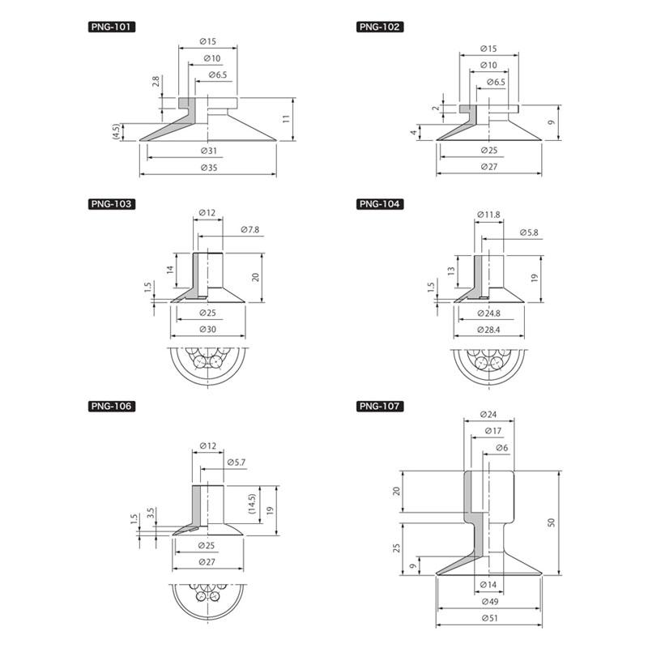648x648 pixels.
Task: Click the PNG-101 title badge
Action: click(x=112, y=27)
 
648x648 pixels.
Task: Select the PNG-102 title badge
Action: click(x=380, y=27)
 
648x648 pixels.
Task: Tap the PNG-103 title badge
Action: click(x=112, y=204)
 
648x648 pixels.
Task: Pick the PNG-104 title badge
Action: click(x=380, y=204)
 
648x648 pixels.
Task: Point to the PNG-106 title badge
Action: click(x=112, y=407)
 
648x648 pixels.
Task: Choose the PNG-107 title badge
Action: click(x=380, y=407)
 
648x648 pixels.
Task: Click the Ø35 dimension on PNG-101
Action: click(x=209, y=168)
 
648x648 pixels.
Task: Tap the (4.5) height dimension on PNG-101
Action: click(x=116, y=131)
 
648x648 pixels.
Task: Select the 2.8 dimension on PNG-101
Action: click(x=156, y=81)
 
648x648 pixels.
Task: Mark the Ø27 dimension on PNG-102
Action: click(x=489, y=167)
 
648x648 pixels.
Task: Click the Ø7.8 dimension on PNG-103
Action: click(x=250, y=229)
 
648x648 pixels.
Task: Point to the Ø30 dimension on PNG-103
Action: click(x=208, y=329)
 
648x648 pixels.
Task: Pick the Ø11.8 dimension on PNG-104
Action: click(x=488, y=215)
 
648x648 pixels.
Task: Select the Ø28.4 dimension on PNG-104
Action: click(x=489, y=330)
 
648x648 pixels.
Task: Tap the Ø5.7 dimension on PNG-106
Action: click(x=237, y=462)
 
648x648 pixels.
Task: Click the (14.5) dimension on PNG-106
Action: click(x=253, y=503)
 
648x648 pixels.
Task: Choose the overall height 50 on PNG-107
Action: click(x=552, y=522)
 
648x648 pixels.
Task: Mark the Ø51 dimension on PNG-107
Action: click(x=490, y=618)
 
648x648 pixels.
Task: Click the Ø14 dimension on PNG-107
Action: click(x=488, y=584)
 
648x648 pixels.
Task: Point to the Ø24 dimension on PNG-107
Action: click(x=488, y=414)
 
